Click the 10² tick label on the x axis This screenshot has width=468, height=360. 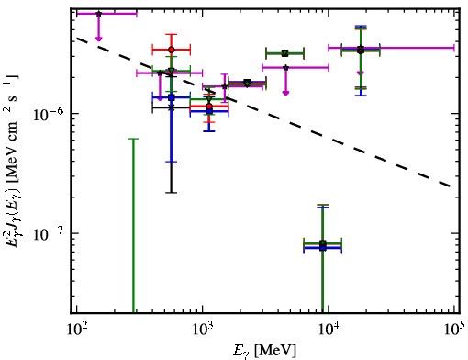tap(76, 329)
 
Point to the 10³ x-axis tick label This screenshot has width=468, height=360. tap(202, 329)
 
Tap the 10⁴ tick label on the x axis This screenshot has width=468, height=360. tap(329, 329)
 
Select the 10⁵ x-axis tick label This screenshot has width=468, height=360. tap(454, 329)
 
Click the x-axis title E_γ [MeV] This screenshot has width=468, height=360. tap(264, 351)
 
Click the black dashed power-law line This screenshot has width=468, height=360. tap(264, 112)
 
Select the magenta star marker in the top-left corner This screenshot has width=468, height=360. tap(98, 14)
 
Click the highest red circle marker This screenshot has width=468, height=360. tap(172, 50)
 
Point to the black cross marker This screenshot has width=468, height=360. tap(172, 107)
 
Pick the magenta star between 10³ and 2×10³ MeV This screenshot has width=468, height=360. tap(225, 86)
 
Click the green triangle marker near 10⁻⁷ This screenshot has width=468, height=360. tap(323, 243)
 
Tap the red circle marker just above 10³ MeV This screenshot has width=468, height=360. tap(209, 107)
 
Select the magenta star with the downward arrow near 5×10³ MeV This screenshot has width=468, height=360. tap(285, 68)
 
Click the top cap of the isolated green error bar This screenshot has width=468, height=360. tap(133, 139)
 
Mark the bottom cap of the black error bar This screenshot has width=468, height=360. tap(172, 193)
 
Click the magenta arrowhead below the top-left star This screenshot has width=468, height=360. tap(98, 39)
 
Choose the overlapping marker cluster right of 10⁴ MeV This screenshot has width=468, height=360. tap(361, 50)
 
